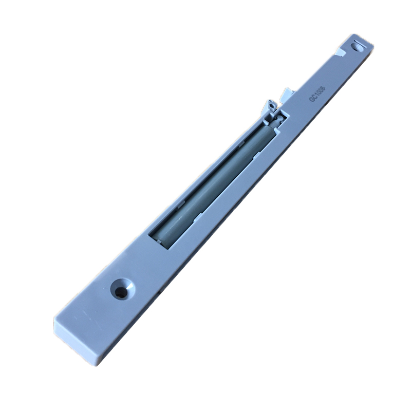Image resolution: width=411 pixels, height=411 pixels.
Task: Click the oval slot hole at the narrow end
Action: pos(358,46)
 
